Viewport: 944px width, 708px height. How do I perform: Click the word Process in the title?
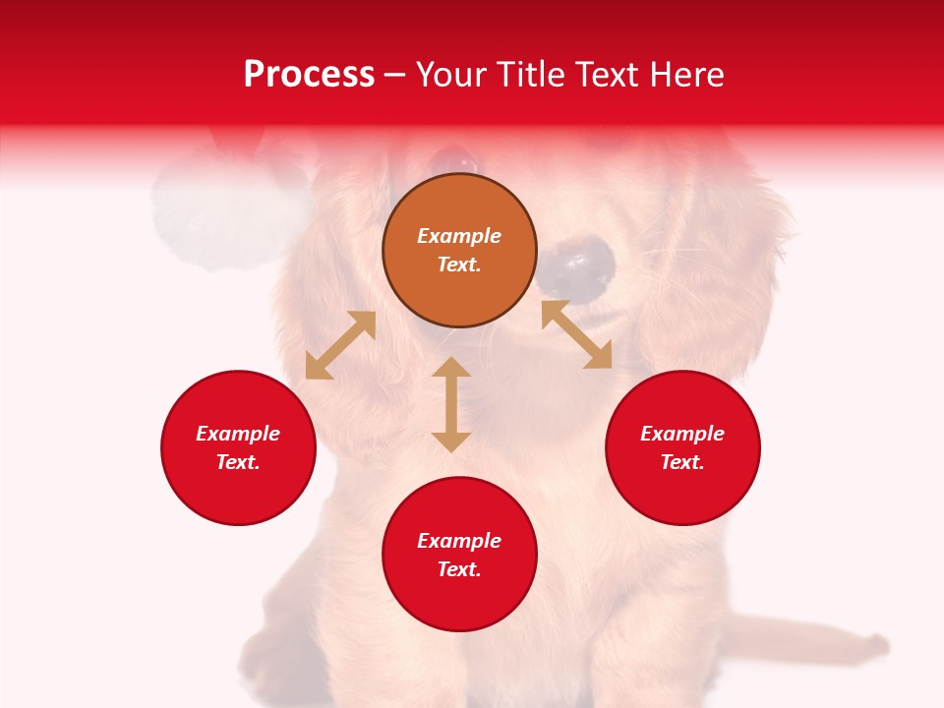pyautogui.click(x=309, y=75)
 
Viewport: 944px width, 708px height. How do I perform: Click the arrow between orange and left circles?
pyautogui.click(x=340, y=345)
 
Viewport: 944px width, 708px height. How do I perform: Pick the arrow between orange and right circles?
pyautogui.click(x=577, y=334)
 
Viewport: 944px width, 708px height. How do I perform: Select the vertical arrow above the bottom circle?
pyautogui.click(x=451, y=404)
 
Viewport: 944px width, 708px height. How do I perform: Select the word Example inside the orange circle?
pyautogui.click(x=459, y=236)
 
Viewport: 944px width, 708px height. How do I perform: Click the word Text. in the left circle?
pyautogui.click(x=238, y=462)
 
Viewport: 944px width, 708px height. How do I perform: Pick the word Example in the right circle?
pyautogui.click(x=682, y=434)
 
